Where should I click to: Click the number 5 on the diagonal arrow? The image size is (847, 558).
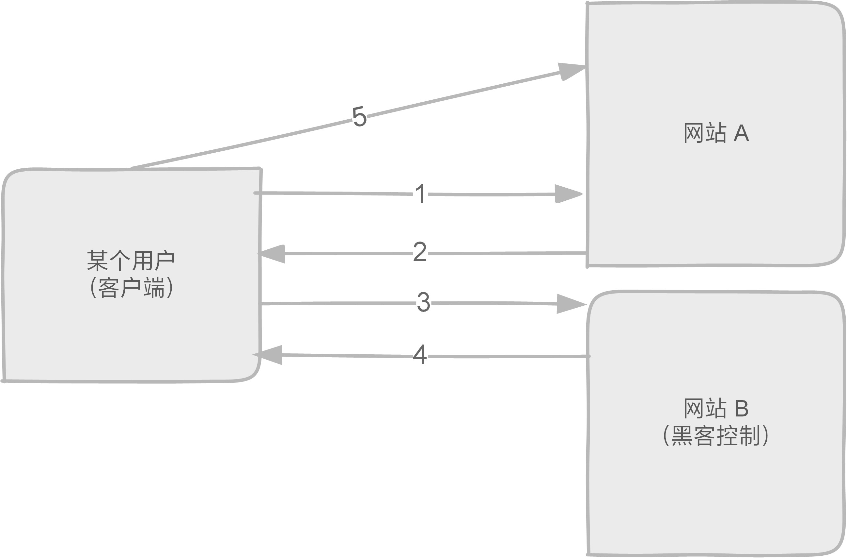[359, 116]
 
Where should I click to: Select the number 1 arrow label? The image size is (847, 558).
[421, 194]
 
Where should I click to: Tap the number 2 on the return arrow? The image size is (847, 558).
[420, 252]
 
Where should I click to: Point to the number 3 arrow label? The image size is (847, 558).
[424, 302]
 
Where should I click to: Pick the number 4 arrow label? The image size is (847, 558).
[420, 355]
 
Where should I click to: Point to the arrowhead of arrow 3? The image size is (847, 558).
[570, 304]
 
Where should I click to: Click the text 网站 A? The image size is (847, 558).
[716, 133]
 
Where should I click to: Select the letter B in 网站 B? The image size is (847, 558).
[742, 408]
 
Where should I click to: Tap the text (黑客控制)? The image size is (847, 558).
[716, 435]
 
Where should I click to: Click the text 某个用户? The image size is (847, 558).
[131, 261]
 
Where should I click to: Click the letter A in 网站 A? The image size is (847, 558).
[742, 133]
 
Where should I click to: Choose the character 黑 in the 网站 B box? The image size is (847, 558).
[682, 435]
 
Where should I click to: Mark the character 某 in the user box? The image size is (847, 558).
[98, 261]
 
